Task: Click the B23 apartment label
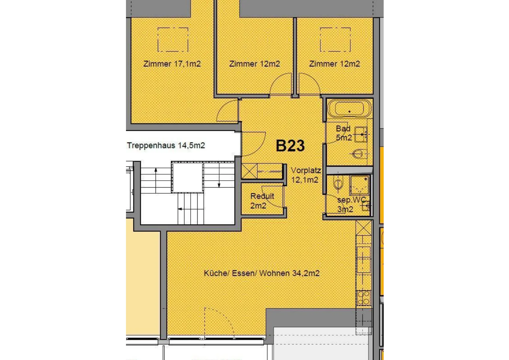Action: (290, 146)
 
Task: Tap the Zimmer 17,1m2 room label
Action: (172, 64)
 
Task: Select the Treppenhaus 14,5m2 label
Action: (166, 145)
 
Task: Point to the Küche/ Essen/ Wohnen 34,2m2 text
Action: (261, 273)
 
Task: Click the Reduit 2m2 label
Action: (262, 201)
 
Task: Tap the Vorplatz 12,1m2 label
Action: (306, 175)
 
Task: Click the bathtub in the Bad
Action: (349, 108)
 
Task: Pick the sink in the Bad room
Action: (361, 135)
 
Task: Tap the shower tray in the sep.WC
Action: (360, 185)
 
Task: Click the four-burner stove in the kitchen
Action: (363, 298)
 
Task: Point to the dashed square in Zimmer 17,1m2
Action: (173, 39)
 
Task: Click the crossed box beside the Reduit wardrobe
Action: (249, 171)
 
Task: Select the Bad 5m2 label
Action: (344, 133)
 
